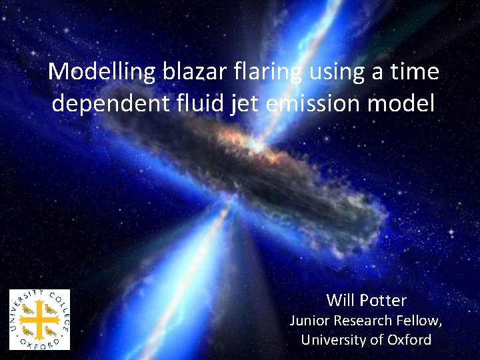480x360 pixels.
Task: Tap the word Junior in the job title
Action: click(x=309, y=320)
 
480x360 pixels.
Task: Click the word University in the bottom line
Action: click(x=331, y=339)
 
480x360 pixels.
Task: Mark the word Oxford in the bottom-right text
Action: click(x=408, y=339)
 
